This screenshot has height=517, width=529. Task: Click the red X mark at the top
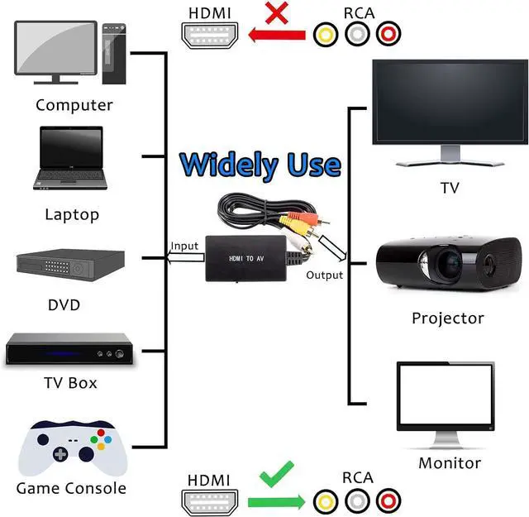[277, 13]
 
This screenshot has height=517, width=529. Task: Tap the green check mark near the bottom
[277, 474]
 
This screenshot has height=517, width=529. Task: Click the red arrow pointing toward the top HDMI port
[277, 35]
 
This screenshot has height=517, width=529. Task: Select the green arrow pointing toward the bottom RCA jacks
[277, 502]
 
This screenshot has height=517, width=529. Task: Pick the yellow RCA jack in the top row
[326, 34]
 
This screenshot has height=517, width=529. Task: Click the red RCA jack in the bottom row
[388, 501]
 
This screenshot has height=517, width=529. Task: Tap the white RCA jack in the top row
[357, 34]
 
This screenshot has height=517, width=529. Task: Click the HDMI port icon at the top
[209, 35]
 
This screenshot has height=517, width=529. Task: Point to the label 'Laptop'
[72, 214]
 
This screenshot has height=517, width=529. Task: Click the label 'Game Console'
[71, 488]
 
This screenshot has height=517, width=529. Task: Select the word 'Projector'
[448, 318]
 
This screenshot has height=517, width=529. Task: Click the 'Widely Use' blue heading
[260, 165]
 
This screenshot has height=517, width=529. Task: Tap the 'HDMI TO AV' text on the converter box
[246, 259]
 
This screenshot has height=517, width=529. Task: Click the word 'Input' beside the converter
[184, 246]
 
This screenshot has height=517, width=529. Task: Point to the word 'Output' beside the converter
[325, 275]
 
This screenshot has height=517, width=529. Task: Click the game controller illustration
[73, 448]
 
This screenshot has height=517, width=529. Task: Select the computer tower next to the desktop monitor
[114, 54]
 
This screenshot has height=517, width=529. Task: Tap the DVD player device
[71, 265]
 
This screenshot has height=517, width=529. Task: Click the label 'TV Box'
[70, 383]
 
